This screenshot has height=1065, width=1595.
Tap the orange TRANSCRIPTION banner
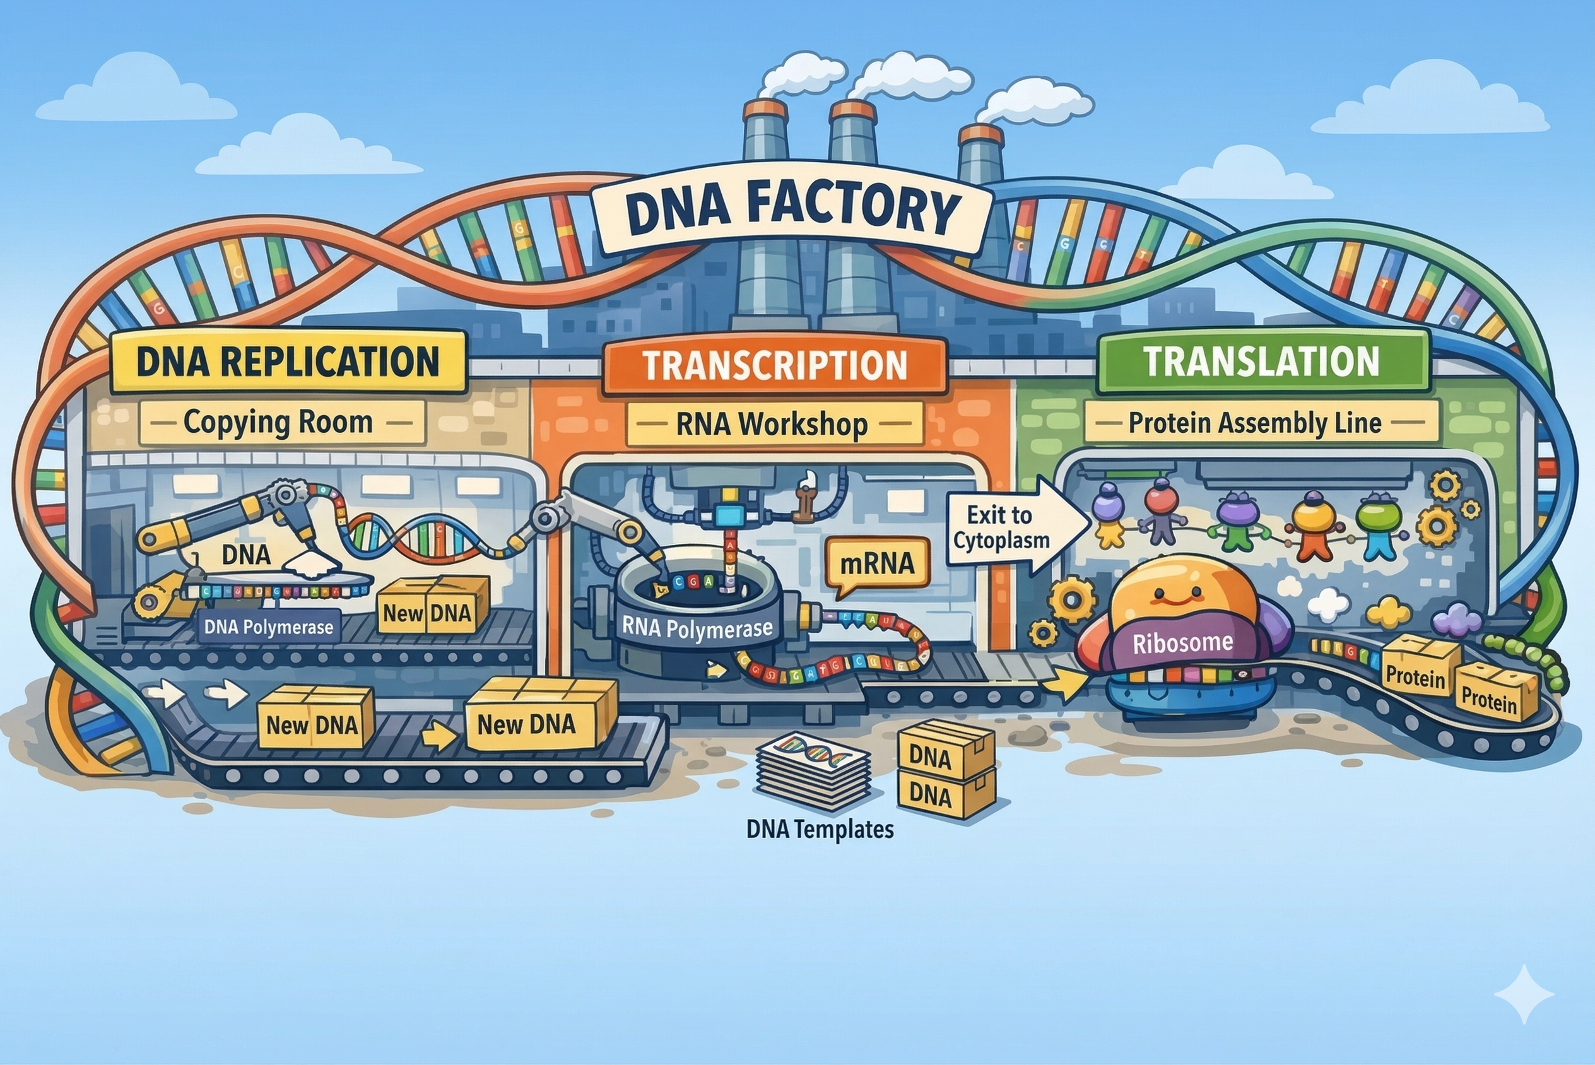click(x=775, y=365)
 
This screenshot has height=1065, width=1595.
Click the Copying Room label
click(x=278, y=423)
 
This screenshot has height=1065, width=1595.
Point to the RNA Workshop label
click(x=772, y=424)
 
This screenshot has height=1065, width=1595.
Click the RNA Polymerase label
click(x=697, y=628)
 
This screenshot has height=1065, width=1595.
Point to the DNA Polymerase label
click(x=269, y=627)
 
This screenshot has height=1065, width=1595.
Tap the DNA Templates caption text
click(x=820, y=828)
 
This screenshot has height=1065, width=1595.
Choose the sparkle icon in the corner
click(x=1524, y=994)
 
